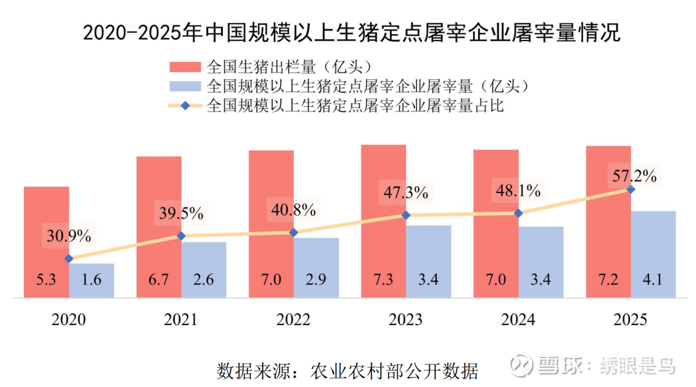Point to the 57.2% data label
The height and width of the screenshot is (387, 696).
pos(634,175)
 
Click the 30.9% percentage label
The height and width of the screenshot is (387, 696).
pos(68,236)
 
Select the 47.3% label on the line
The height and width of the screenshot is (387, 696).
pos(406,192)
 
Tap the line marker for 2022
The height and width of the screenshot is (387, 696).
pos(294,232)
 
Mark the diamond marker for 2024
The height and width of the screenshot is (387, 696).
pos(518,213)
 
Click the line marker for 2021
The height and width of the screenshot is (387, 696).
pos(181,236)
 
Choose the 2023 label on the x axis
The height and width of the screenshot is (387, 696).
pos(406,319)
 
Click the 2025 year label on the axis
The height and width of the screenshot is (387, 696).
pos(630,319)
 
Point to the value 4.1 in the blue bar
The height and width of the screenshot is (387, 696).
pos(653,280)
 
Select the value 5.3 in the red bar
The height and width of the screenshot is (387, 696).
pos(46,280)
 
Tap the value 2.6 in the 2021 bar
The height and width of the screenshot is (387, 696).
pos(204,280)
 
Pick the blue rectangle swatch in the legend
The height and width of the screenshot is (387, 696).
pos(185,86)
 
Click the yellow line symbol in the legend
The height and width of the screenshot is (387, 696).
pos(185,106)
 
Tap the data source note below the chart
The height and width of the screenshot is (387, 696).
pos(348,372)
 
